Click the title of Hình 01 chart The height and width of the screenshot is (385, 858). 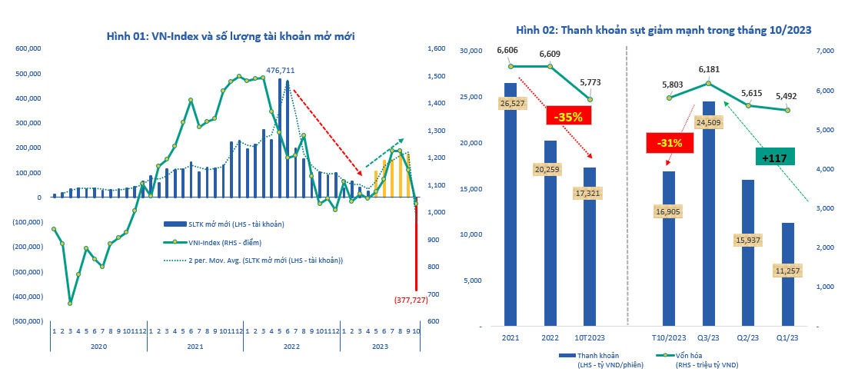pyautogui.click(x=230, y=35)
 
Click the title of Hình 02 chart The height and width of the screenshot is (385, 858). pyautogui.click(x=663, y=30)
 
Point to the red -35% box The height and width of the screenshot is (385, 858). pyautogui.click(x=569, y=117)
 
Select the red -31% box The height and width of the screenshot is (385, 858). pyautogui.click(x=670, y=142)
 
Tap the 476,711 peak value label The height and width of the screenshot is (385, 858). pyautogui.click(x=280, y=70)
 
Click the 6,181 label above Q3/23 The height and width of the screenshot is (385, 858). pyautogui.click(x=708, y=69)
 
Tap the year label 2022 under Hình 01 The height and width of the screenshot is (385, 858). pyautogui.click(x=291, y=347)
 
